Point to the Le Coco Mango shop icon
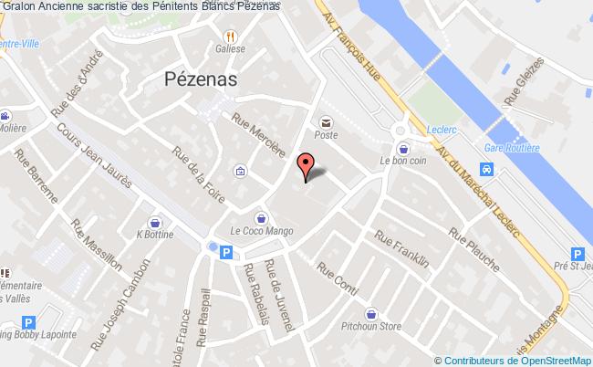(263, 217)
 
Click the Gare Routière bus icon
(488, 169)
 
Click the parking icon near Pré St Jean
(577, 256)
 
